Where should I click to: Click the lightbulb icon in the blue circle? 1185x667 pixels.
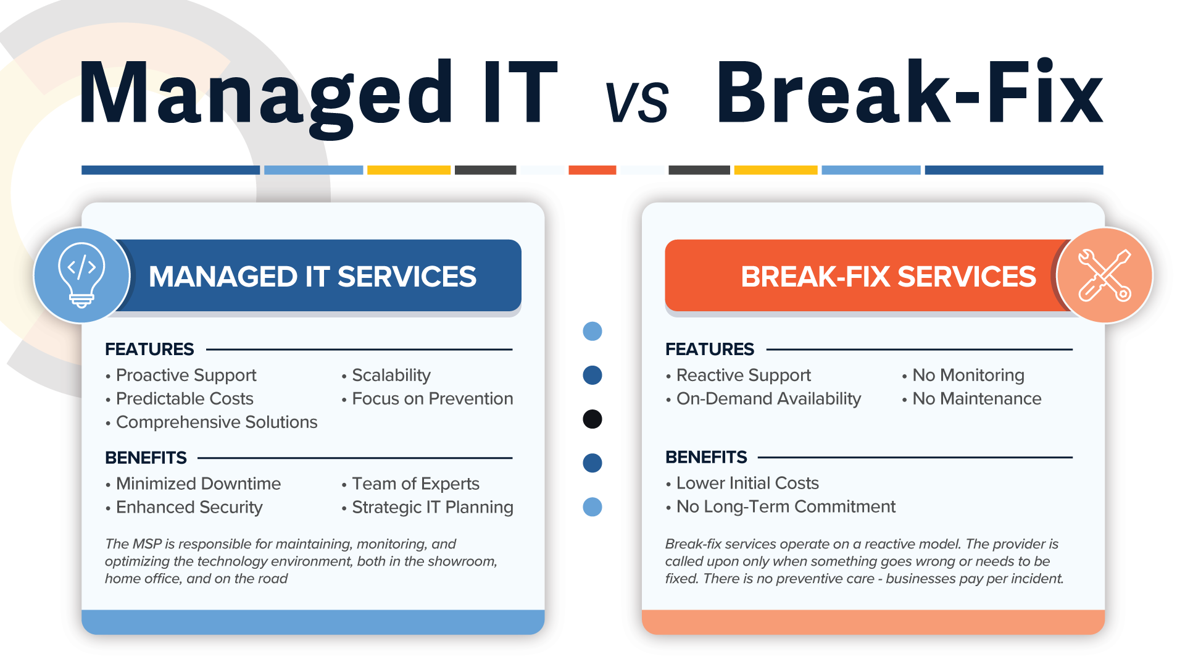tap(81, 275)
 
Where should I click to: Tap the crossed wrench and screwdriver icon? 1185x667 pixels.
tap(1104, 275)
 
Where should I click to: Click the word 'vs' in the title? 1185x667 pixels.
tap(636, 101)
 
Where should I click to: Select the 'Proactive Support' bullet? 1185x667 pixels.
tap(186, 375)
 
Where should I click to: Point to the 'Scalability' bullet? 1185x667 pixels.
tap(391, 375)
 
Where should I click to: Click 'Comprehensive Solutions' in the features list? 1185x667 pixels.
tap(216, 422)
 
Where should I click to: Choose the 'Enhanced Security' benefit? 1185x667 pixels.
tap(189, 507)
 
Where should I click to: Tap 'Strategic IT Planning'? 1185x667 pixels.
tap(432, 507)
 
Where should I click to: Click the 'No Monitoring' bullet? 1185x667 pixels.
tap(968, 375)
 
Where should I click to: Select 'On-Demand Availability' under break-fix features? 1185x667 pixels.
tap(768, 398)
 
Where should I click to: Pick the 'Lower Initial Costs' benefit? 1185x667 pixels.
tap(747, 483)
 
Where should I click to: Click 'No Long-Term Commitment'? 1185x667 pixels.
tap(785, 506)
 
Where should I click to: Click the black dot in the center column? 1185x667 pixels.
tap(592, 419)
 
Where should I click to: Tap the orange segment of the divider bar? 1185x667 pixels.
tap(592, 170)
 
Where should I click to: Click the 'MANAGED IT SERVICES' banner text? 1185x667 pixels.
tap(312, 276)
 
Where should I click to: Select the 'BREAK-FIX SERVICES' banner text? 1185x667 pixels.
tap(888, 276)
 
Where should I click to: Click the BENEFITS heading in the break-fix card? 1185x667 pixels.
tap(706, 457)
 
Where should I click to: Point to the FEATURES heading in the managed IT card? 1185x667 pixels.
tap(149, 349)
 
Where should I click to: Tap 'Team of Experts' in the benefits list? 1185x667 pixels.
tap(415, 484)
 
